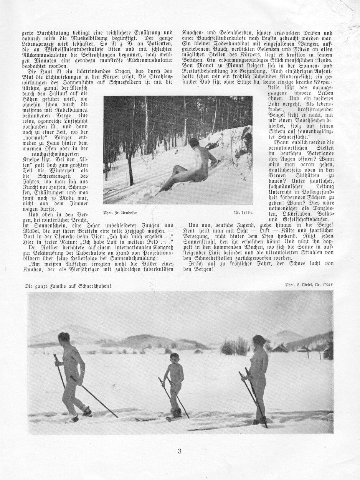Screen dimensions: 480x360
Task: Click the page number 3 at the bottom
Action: point(179,451)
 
